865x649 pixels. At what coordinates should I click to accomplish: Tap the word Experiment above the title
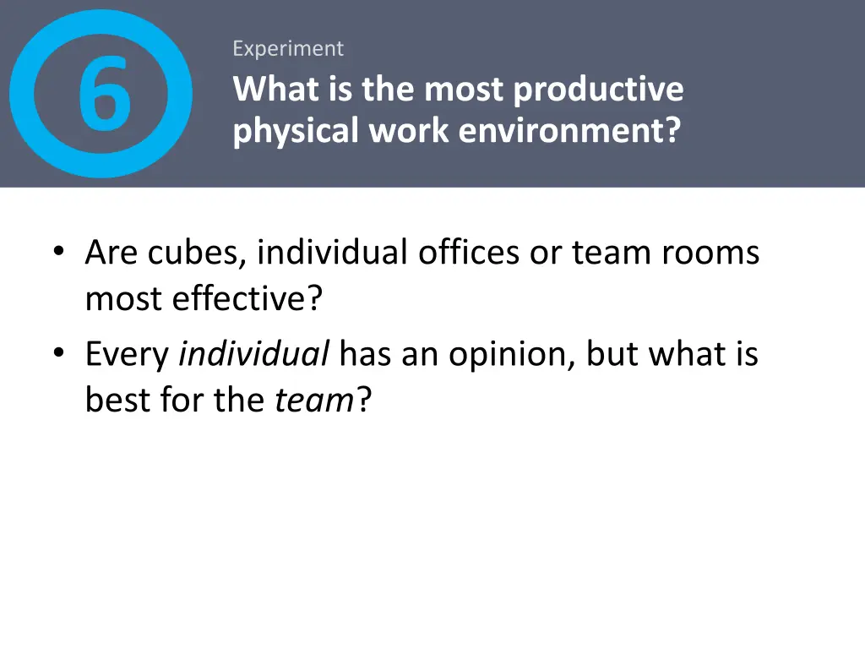click(288, 49)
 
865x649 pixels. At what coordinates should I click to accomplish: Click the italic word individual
click(254, 355)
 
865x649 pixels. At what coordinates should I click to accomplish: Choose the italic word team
click(313, 400)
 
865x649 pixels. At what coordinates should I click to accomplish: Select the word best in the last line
click(115, 400)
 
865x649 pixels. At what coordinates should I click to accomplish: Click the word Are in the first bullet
click(112, 253)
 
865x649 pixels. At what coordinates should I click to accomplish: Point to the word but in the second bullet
click(612, 355)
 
